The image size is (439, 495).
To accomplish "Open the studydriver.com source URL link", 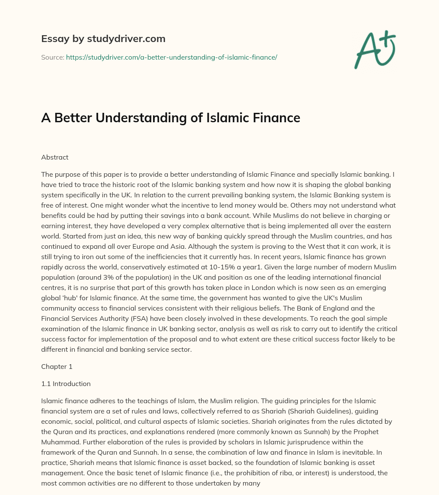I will click(171, 57).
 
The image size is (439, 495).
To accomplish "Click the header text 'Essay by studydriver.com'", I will click(103, 39).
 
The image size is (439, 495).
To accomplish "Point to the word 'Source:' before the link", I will click(53, 57).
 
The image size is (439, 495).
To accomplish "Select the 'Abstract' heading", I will click(55, 157).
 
